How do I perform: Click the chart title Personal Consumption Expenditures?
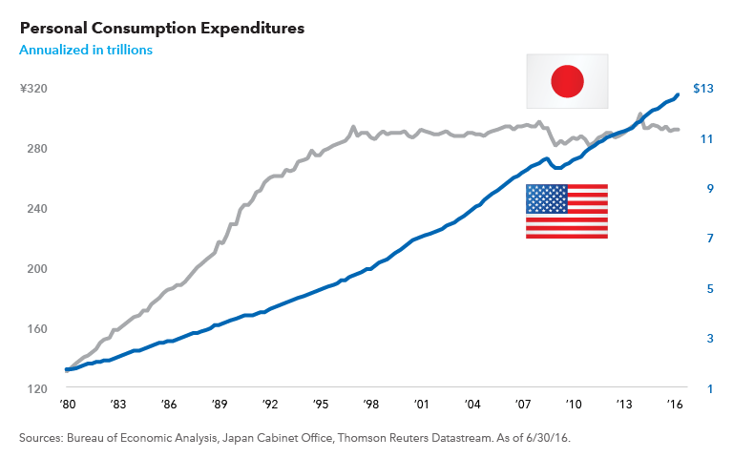[x=161, y=28]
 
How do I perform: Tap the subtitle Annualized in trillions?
[x=86, y=49]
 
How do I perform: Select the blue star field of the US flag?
[x=547, y=198]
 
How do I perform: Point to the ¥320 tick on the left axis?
[x=34, y=89]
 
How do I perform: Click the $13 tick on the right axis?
[x=702, y=89]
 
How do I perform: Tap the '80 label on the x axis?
[x=67, y=406]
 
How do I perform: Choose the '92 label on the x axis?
[x=272, y=406]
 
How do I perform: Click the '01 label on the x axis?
[x=420, y=406]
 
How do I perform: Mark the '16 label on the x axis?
[x=675, y=406]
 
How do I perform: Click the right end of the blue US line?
[x=678, y=94]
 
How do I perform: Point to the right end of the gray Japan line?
[x=678, y=130]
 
